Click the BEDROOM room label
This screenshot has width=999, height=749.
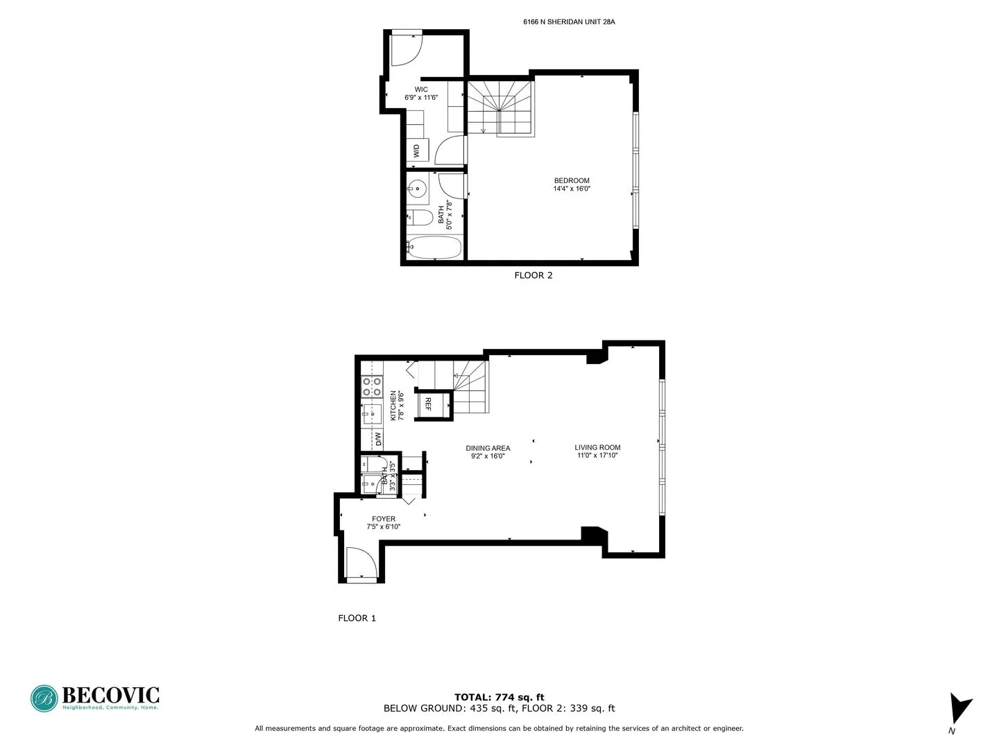pyautogui.click(x=572, y=181)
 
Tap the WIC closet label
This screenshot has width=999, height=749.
pyautogui.click(x=421, y=89)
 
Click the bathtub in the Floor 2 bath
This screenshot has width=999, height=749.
pyautogui.click(x=434, y=247)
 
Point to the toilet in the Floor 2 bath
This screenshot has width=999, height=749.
pyautogui.click(x=419, y=217)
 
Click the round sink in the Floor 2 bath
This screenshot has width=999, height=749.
pyautogui.click(x=417, y=187)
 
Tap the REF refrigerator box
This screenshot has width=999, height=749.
pyautogui.click(x=428, y=404)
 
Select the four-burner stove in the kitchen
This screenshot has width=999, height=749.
pyautogui.click(x=373, y=387)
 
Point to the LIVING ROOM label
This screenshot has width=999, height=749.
pyautogui.click(x=597, y=447)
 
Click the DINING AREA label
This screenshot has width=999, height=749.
pyautogui.click(x=488, y=448)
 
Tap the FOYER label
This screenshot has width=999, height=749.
pyautogui.click(x=384, y=519)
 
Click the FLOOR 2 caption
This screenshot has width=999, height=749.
pyautogui.click(x=533, y=275)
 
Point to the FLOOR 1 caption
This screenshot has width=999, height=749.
pyautogui.click(x=357, y=618)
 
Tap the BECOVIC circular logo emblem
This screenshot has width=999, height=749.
pyautogui.click(x=44, y=698)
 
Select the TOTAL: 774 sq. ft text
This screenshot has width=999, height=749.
pyautogui.click(x=499, y=697)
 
